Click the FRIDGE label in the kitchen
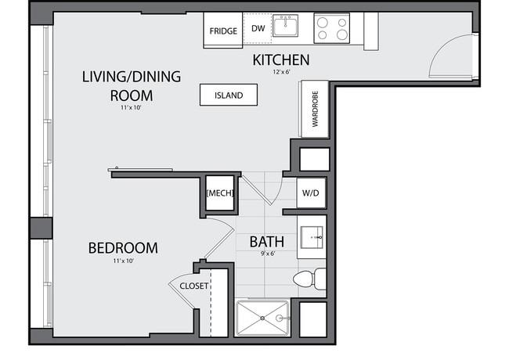(x=223, y=31)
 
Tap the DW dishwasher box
(x=258, y=28)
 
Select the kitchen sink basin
(x=285, y=26)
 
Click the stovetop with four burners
(x=332, y=28)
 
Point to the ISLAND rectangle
(x=229, y=95)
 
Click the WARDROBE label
(x=316, y=109)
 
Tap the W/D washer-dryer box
(x=311, y=193)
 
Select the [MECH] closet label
(x=220, y=193)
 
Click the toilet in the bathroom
(x=309, y=279)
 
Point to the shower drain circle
(x=262, y=319)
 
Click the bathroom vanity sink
(x=312, y=237)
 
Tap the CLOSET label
(x=193, y=286)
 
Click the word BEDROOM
(x=123, y=248)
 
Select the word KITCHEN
(x=281, y=60)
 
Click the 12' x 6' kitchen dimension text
(x=281, y=72)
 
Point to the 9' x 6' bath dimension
(x=268, y=254)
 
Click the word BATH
(x=267, y=242)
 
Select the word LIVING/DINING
(x=132, y=77)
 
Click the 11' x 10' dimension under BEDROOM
(x=124, y=261)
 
